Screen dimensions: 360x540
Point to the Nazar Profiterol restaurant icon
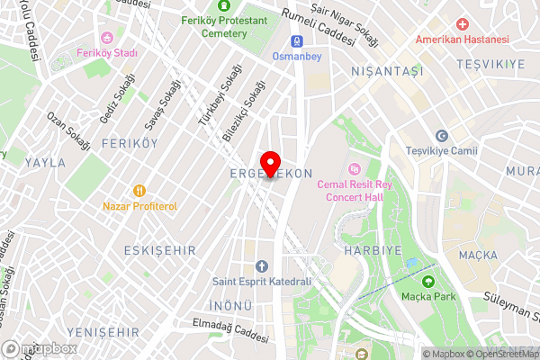[139, 190]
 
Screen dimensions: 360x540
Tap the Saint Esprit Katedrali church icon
[262, 265]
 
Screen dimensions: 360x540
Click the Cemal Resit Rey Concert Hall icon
[354, 168]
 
